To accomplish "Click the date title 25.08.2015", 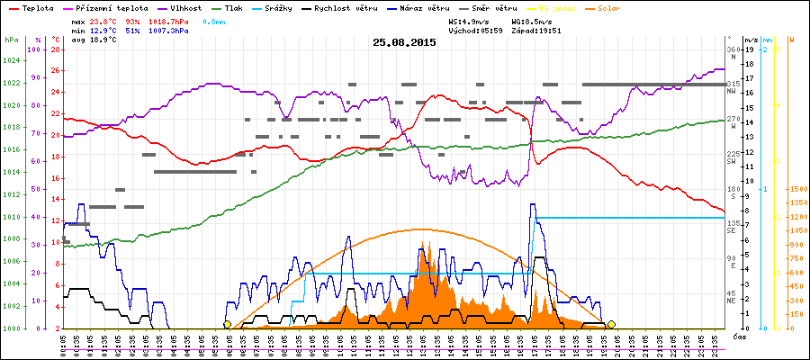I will [x=404, y=42].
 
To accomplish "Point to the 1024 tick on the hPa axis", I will [x=11, y=61].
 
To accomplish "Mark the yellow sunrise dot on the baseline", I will [x=227, y=325].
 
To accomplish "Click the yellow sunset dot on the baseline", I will [x=611, y=324].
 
